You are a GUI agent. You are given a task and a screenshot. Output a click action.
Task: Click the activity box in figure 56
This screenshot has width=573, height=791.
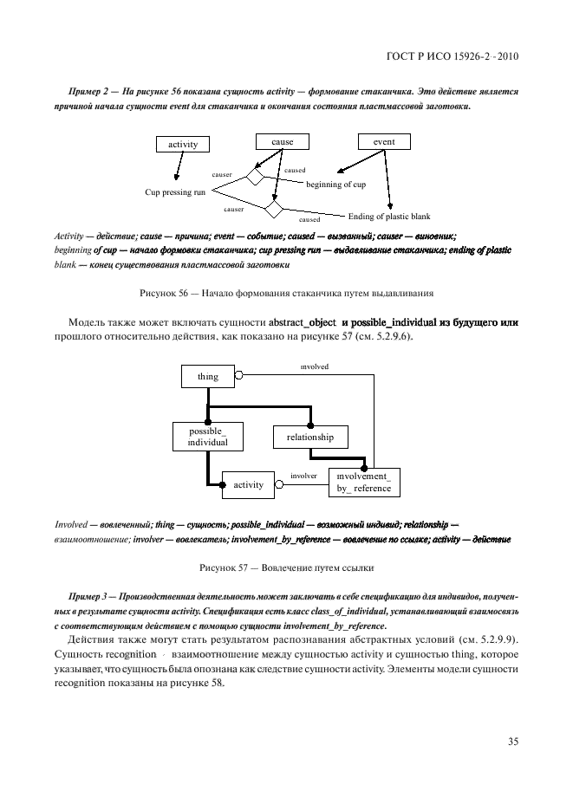click(x=183, y=145)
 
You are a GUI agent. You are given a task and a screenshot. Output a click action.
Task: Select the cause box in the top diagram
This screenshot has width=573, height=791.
click(x=282, y=141)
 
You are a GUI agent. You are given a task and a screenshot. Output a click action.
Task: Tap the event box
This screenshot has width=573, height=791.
click(x=384, y=141)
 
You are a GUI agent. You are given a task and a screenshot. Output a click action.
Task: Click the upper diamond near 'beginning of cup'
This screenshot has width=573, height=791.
click(x=254, y=177)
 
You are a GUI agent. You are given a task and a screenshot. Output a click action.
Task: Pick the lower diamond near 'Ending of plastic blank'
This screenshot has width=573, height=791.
click(x=274, y=210)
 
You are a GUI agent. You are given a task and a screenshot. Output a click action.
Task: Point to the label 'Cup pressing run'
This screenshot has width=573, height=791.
click(x=175, y=191)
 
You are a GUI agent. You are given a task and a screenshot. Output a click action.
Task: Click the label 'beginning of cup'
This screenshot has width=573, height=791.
click(x=335, y=185)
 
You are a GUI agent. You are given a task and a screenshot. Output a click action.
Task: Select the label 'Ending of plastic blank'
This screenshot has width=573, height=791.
click(x=388, y=217)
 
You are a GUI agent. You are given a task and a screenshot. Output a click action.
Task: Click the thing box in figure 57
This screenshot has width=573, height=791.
click(x=208, y=376)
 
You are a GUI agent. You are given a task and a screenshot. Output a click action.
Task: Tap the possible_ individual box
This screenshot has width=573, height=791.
click(x=207, y=436)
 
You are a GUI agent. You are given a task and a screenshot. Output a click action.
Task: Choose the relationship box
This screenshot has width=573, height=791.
click(x=303, y=437)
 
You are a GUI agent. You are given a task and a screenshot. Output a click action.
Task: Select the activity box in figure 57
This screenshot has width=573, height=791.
click(x=249, y=484)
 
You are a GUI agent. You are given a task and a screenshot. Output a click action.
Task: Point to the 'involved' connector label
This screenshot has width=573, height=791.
click(x=314, y=366)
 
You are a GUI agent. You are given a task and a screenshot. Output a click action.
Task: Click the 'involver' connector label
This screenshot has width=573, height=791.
click(x=303, y=476)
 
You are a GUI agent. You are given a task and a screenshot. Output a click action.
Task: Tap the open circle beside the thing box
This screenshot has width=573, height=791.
click(x=240, y=376)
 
